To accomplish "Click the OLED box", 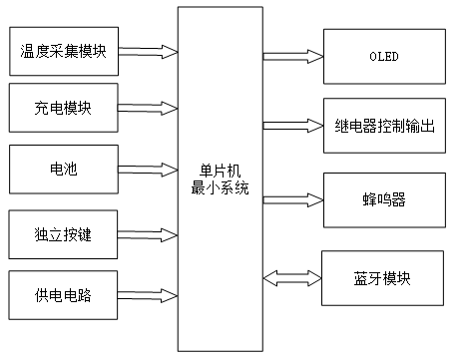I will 383,56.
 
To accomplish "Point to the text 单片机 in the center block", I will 221,174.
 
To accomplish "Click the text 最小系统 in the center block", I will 221,188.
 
